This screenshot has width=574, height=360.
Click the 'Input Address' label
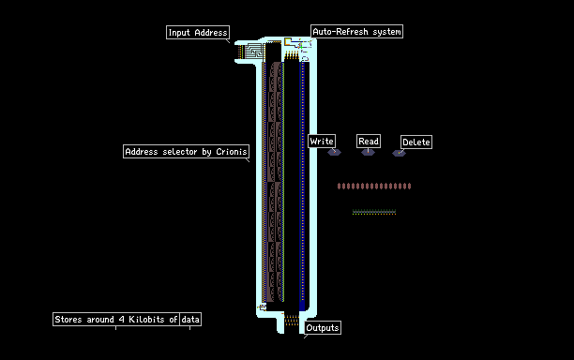[198, 33]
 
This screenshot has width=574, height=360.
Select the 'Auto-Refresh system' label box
[357, 32]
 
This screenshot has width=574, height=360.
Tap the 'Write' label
[322, 142]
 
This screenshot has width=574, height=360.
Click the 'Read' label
[369, 142]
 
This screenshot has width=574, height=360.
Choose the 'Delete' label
[416, 142]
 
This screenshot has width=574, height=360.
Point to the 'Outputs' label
[323, 328]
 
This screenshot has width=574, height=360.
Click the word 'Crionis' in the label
[232, 152]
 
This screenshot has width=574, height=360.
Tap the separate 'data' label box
[190, 320]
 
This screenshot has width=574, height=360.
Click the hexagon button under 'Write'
[334, 152]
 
